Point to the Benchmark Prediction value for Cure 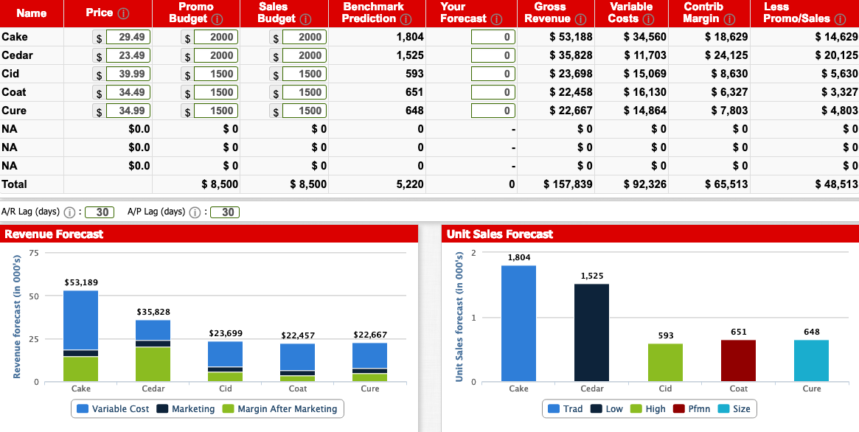414,111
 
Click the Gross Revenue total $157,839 568,184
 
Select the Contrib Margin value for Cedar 726,55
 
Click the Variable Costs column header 631,12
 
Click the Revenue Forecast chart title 54,234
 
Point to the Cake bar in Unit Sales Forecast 518,323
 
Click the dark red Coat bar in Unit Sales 738,360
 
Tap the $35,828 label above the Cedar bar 153,313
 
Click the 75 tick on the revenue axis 33,253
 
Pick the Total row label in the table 15,184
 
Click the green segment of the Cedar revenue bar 153,363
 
